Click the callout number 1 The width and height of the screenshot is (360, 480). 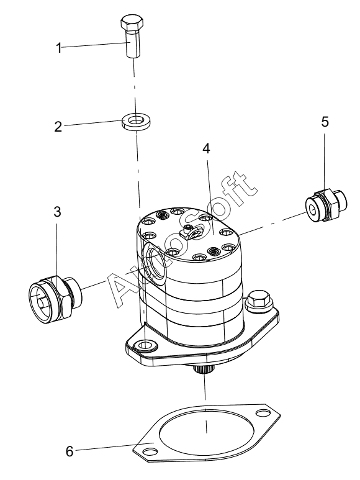tap(58, 47)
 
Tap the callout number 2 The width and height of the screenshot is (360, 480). tap(58, 126)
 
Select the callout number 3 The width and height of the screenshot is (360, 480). tap(57, 212)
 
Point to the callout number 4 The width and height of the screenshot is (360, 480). tap(206, 149)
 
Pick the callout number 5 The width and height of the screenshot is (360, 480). tap(325, 122)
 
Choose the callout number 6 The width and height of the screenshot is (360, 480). tap(70, 451)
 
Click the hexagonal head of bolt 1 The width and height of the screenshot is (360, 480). tap(131, 23)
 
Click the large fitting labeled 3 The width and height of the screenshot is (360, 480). tap(55, 296)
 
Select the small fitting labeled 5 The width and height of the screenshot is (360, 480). tap(326, 205)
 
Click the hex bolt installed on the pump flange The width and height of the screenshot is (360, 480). tap(258, 301)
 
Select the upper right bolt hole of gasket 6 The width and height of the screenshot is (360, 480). tap(261, 414)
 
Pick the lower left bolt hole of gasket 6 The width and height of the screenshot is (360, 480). tap(149, 451)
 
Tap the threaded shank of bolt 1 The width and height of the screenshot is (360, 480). tap(133, 43)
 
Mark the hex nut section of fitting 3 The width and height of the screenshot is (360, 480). tap(62, 296)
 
